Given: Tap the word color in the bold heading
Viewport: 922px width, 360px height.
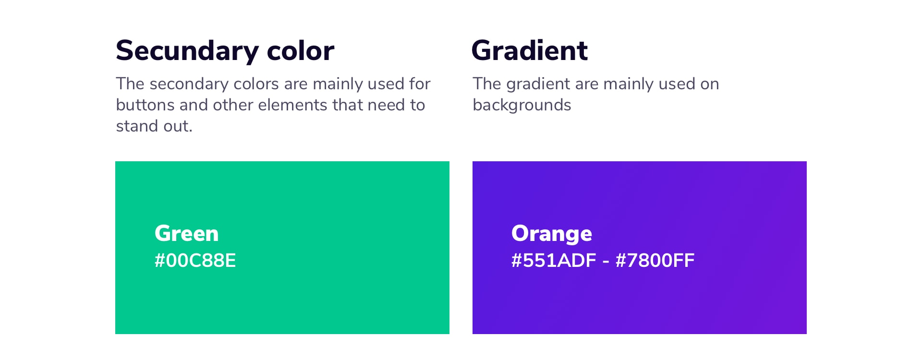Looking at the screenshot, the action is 301,50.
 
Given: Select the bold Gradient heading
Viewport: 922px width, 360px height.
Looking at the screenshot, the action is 530,50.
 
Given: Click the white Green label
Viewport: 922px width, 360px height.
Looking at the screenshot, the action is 186,233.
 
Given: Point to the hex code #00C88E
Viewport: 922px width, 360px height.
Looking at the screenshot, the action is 195,260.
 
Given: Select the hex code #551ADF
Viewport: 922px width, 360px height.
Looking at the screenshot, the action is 554,260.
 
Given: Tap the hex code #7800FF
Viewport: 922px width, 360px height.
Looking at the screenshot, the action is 655,260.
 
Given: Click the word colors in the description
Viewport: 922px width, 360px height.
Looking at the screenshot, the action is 256,84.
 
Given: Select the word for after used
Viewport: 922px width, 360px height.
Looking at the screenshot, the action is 420,84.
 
